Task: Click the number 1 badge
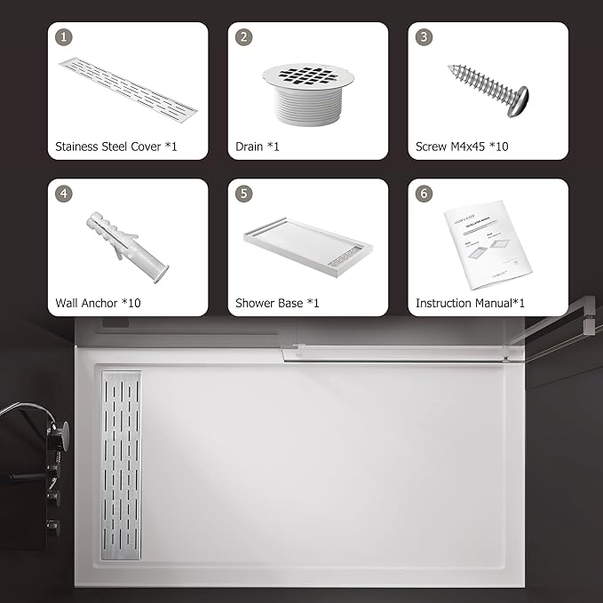63,37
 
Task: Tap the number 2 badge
242,37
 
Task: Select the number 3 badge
424,37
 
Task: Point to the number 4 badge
63,194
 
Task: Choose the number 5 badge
242,194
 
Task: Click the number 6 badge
424,194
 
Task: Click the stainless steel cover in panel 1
128,90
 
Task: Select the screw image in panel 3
488,89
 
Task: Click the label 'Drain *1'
258,147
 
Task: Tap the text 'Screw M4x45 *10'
462,147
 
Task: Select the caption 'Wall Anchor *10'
98,303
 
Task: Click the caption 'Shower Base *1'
277,303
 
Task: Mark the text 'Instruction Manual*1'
470,303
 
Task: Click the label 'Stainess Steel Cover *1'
115,147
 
